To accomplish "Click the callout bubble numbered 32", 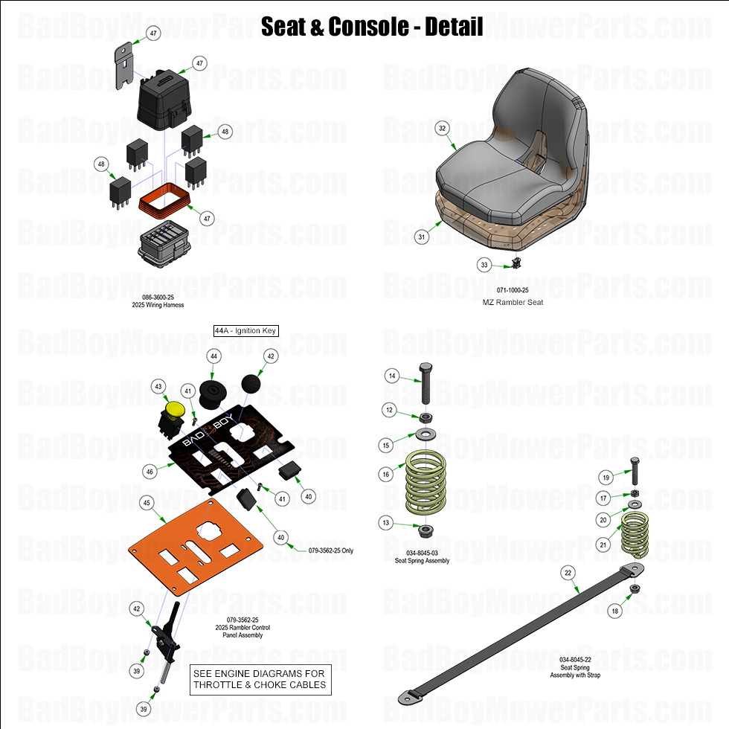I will (443, 129).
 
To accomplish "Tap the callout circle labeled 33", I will (484, 264).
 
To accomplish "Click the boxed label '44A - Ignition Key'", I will (245, 330).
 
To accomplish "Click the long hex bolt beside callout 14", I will (426, 383).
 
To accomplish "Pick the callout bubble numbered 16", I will (386, 474).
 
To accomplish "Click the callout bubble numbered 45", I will (147, 503).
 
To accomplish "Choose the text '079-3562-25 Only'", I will (331, 551).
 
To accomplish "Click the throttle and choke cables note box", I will (259, 679).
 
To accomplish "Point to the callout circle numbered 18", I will (614, 611).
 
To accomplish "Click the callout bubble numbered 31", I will (422, 237).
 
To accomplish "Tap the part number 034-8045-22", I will (575, 660).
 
